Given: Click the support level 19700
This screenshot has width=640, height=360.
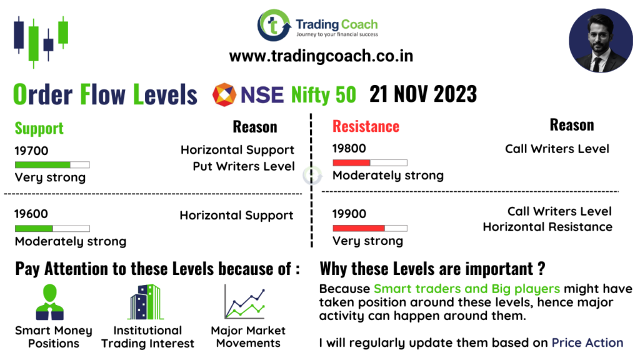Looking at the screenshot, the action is pos(31,151).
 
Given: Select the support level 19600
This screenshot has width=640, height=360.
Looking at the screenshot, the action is pos(31,214).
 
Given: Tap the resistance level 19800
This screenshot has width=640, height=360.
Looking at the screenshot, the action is pos(349,149).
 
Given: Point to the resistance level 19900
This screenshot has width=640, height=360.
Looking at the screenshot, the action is pos(349,214).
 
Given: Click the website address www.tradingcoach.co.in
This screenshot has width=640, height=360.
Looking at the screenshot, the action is pos(321,56).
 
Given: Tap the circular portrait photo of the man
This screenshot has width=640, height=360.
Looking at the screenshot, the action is pos(601,41).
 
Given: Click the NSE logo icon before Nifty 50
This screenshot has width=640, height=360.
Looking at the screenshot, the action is pos(224,95).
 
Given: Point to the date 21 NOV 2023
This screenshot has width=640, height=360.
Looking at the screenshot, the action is pos(423,94).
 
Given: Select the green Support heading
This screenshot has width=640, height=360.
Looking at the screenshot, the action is pos(39,129).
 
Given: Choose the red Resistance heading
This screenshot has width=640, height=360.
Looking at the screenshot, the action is pos(366,126).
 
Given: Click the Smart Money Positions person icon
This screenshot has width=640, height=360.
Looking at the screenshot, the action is pos(50,302).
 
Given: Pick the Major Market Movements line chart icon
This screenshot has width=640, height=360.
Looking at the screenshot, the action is pos(245,302).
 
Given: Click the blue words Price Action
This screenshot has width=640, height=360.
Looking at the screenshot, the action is pos(587,343).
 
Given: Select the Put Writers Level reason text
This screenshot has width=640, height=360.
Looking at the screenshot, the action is pos(244,166).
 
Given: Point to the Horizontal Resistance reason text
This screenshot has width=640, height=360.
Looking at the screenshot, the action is pos(547,227).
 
